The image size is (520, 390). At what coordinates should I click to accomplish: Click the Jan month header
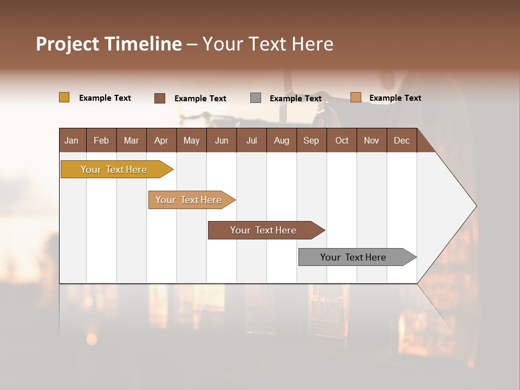pyautogui.click(x=72, y=140)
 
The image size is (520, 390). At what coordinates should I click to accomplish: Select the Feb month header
pyautogui.click(x=101, y=140)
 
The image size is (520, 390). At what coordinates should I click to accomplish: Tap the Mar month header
pyautogui.click(x=131, y=140)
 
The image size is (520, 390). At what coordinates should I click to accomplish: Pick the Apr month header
pyautogui.click(x=161, y=140)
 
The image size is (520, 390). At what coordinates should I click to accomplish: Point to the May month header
pyautogui.click(x=191, y=140)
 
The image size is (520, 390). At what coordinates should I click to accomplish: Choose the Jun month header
pyautogui.click(x=222, y=140)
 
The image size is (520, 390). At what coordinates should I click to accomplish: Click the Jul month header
pyautogui.click(x=251, y=140)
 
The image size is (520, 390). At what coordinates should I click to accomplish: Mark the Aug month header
pyautogui.click(x=282, y=140)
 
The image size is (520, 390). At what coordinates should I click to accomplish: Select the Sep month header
pyautogui.click(x=311, y=140)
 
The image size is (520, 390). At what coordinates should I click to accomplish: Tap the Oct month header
pyautogui.click(x=342, y=140)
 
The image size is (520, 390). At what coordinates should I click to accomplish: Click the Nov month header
pyautogui.click(x=372, y=140)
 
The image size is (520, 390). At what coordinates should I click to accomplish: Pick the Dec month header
pyautogui.click(x=402, y=140)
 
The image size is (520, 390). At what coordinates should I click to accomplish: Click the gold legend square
pyautogui.click(x=64, y=97)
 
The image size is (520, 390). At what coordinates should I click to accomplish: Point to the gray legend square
pyautogui.click(x=256, y=97)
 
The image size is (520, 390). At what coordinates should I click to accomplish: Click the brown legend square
pyautogui.click(x=160, y=98)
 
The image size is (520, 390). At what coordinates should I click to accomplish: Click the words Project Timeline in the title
pyautogui.click(x=109, y=44)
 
